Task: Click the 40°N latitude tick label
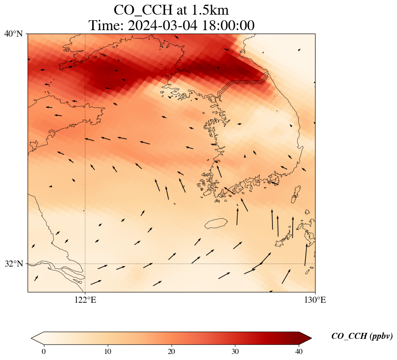click(x=13, y=34)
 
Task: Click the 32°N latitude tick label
click(x=13, y=264)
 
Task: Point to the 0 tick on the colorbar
click(x=44, y=351)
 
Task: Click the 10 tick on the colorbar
click(x=107, y=351)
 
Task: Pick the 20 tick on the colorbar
click(x=171, y=351)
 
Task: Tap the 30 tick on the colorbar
click(x=235, y=351)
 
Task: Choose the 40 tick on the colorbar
click(x=299, y=351)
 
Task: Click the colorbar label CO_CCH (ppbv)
click(x=362, y=336)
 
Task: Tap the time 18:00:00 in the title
click(x=227, y=25)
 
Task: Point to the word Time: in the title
click(x=105, y=25)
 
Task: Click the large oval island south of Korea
click(x=216, y=223)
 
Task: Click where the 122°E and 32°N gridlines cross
click(x=85, y=264)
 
